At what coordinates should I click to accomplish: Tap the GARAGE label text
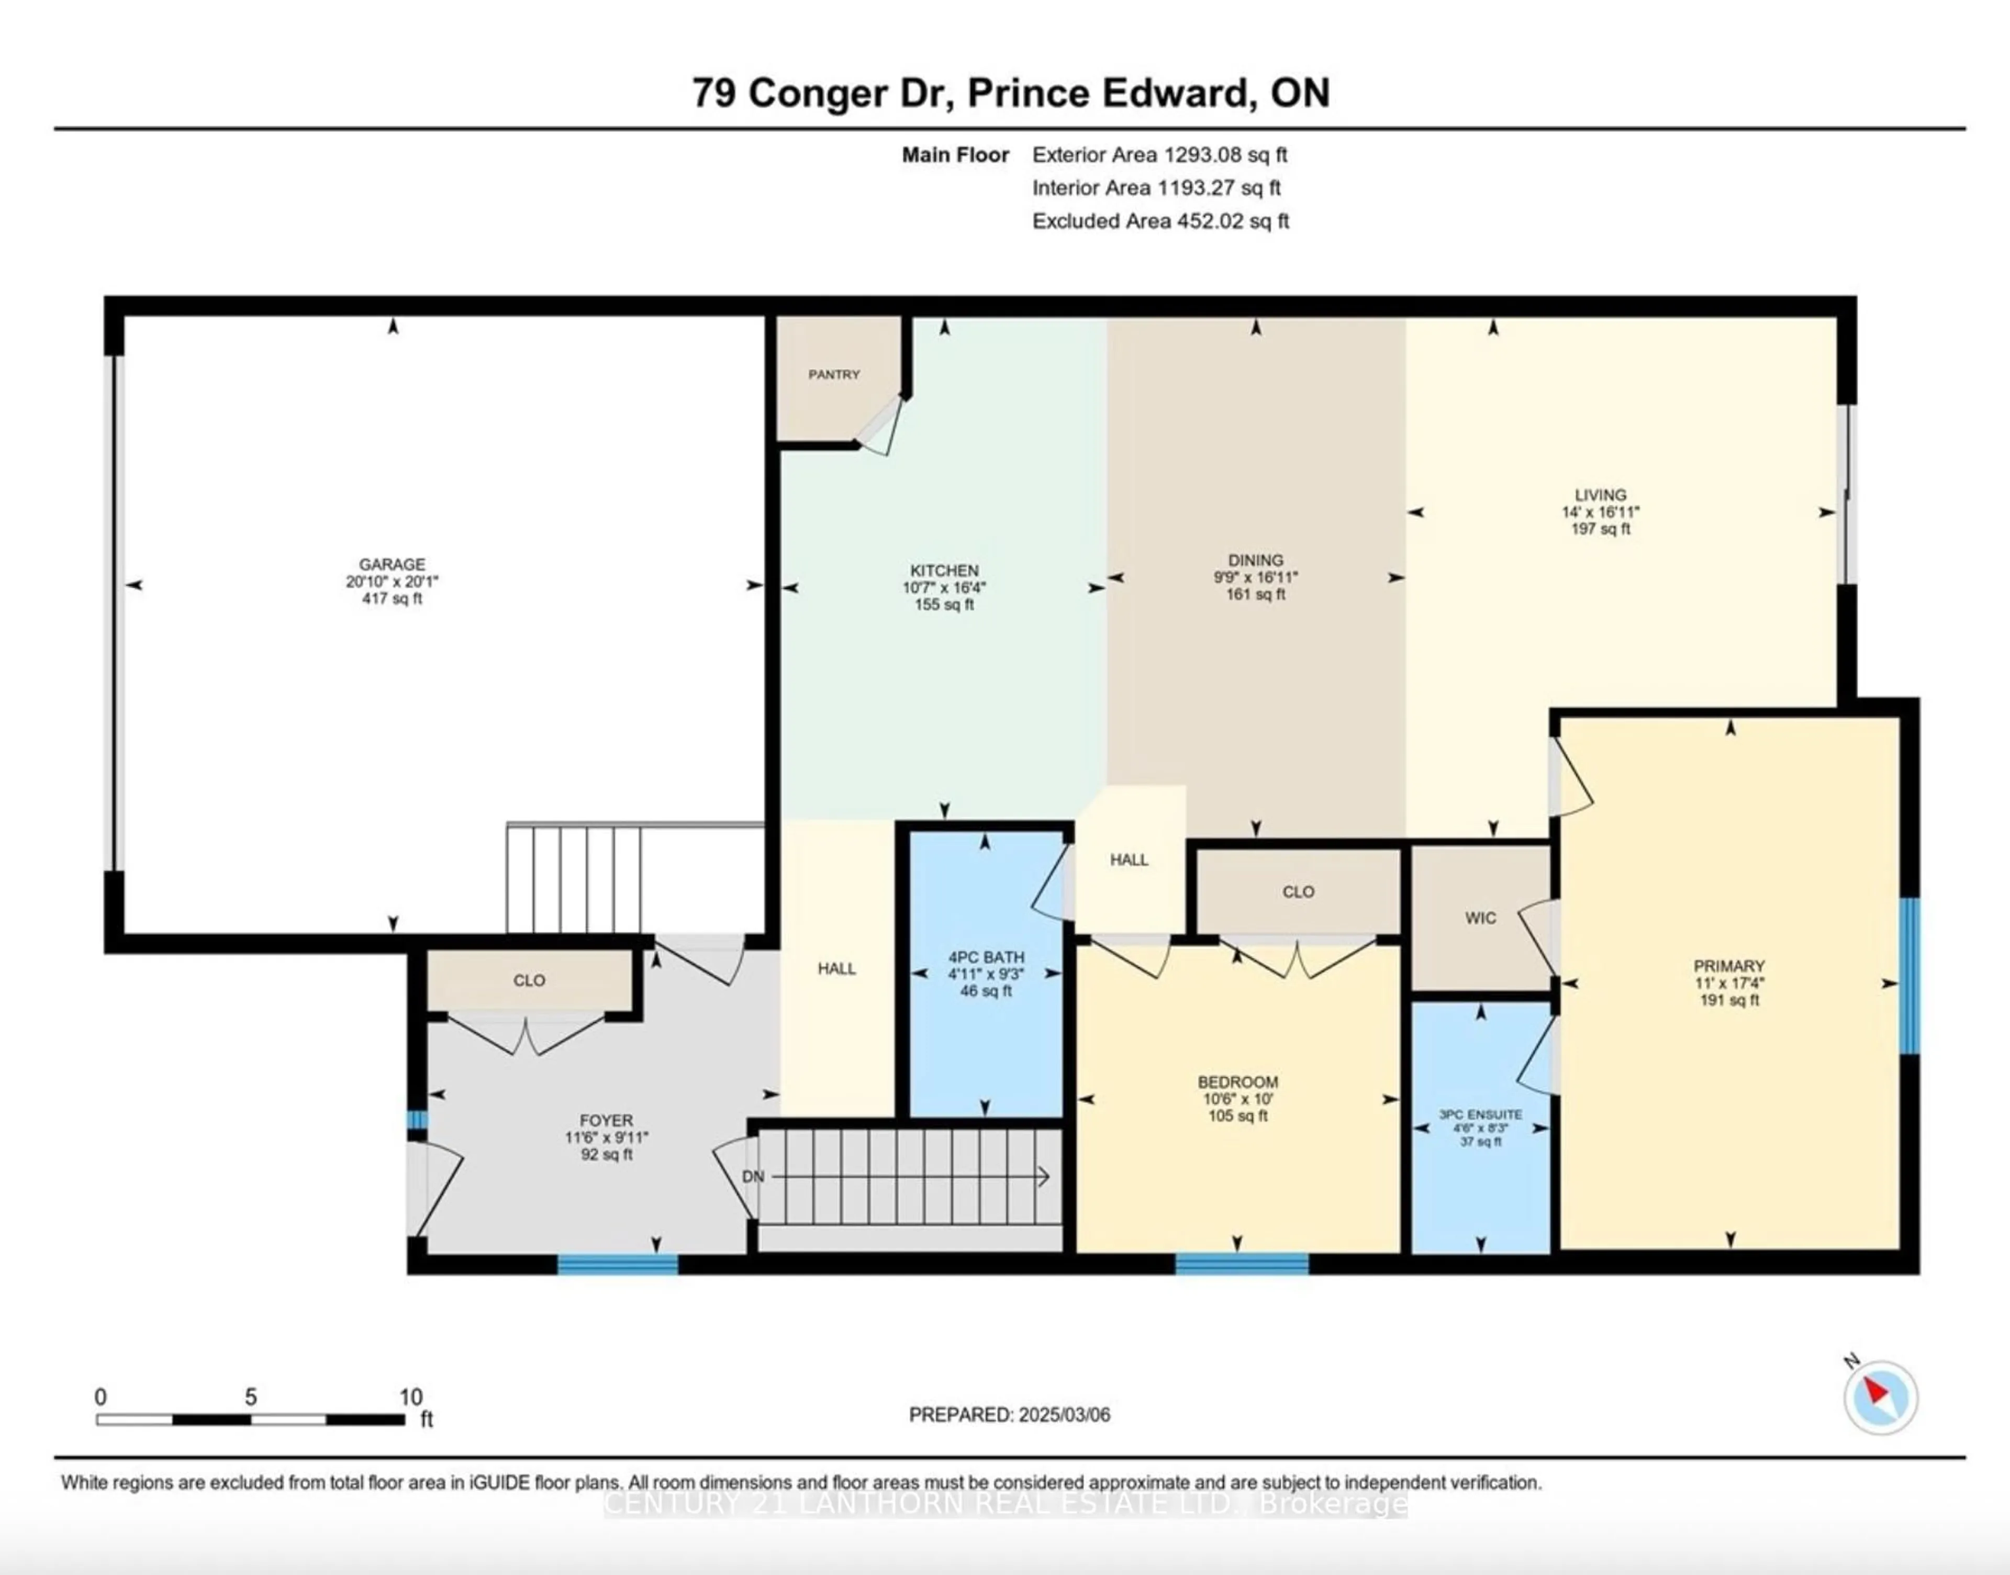(392, 564)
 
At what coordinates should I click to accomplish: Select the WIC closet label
(1481, 918)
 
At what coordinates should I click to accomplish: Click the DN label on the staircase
(753, 1177)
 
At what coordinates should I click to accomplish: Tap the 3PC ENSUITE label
(1481, 1115)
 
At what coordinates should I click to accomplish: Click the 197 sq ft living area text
(1601, 528)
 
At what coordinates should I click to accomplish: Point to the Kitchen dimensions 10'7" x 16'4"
(944, 587)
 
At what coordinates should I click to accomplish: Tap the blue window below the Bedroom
(1241, 1264)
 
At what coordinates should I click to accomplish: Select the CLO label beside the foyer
(529, 980)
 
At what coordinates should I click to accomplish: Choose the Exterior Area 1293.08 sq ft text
(1160, 155)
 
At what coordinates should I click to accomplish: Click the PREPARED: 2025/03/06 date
(1010, 1414)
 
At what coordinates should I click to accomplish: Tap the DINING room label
(1256, 560)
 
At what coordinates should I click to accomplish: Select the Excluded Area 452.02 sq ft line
(1161, 221)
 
